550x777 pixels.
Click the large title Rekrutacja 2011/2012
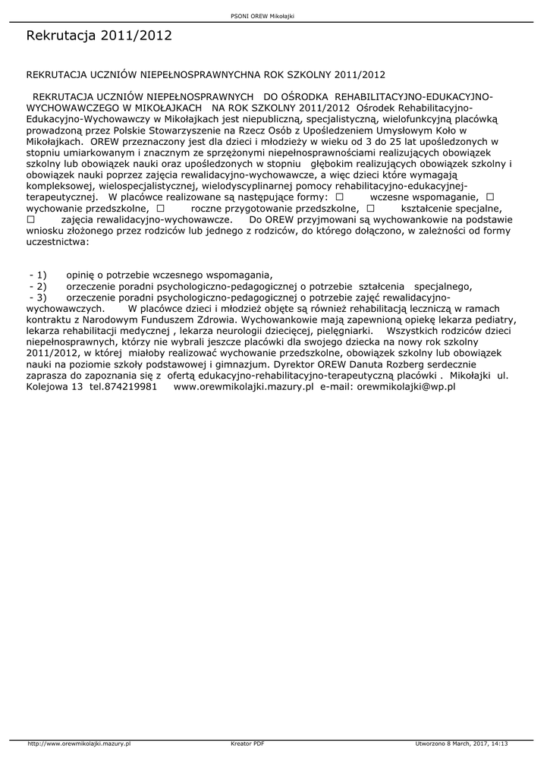pos(99,36)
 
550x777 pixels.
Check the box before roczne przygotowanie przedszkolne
pos(160,207)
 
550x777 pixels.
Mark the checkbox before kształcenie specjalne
pos(370,207)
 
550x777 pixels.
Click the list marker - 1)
pos(38,275)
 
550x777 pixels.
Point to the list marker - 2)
pos(38,286)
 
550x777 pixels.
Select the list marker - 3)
pos(38,297)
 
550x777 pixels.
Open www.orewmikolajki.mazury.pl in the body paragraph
pos(244,387)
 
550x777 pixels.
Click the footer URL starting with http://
pos(80,744)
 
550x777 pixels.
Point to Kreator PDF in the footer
pos(247,744)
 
